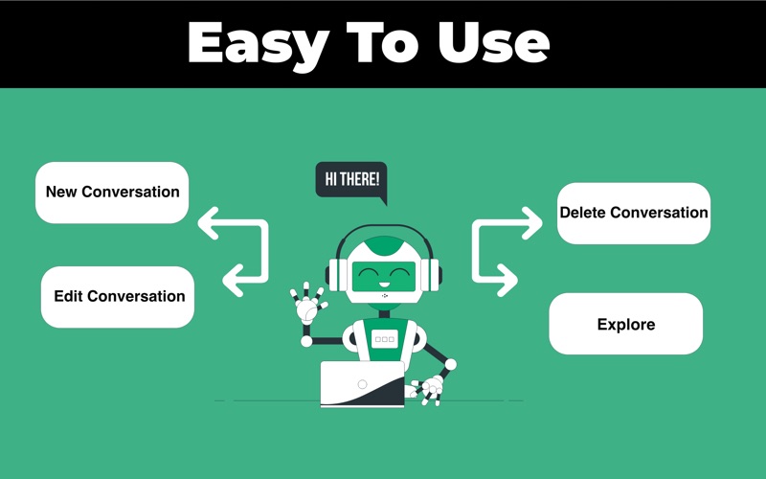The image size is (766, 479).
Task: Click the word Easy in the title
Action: point(258,45)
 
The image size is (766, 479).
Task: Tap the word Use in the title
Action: point(493,42)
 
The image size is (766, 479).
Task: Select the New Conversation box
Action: point(112,193)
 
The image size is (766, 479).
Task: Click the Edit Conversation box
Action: point(118,297)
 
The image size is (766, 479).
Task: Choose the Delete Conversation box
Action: point(634,213)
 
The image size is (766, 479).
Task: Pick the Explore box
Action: point(626,324)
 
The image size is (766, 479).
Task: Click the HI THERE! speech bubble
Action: point(351,181)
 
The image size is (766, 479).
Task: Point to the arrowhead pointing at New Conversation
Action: point(208,223)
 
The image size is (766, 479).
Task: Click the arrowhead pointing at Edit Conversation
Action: point(233,281)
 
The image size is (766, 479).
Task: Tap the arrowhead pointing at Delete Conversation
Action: point(532,223)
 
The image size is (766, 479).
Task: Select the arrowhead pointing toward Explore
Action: point(507,280)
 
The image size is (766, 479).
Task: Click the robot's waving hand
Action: point(307,304)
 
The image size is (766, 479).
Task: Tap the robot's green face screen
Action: point(384,276)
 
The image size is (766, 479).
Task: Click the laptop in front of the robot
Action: point(363,384)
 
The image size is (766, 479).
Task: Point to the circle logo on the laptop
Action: point(362,384)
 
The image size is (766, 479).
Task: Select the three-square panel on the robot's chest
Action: point(385,339)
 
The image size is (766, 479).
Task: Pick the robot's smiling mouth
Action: point(384,284)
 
